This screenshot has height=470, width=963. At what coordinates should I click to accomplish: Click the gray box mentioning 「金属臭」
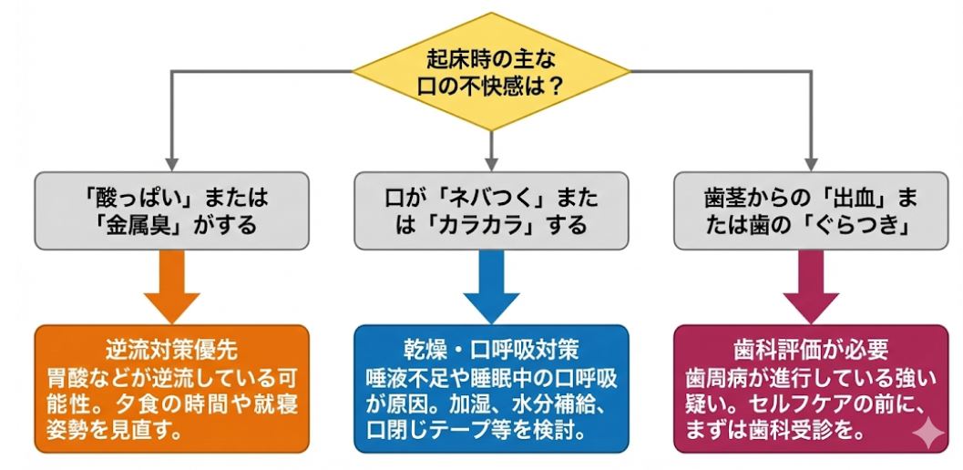tap(171, 210)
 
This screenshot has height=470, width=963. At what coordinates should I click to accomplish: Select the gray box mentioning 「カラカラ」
tap(491, 210)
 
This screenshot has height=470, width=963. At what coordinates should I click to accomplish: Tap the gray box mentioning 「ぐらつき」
tap(811, 210)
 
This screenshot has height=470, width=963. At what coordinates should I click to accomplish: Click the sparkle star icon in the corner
tap(927, 435)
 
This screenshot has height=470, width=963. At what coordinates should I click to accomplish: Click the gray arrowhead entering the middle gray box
tap(491, 161)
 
